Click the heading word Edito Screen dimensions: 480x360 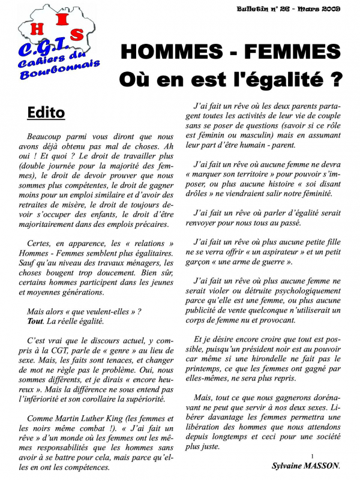click(46, 112)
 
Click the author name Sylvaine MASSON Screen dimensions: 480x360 click(306, 466)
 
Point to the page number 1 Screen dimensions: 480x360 click(313, 457)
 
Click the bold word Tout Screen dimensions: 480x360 click(35, 321)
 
